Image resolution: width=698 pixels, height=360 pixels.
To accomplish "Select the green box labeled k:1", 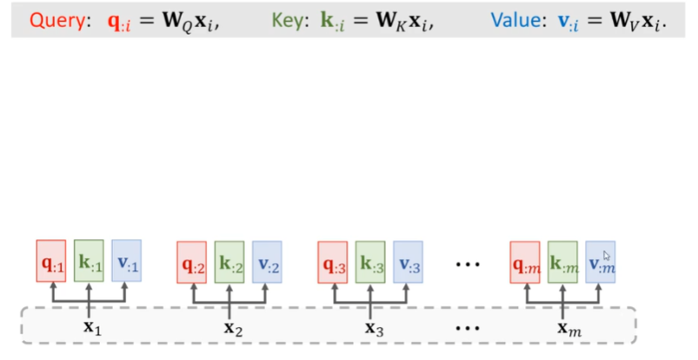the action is [x=89, y=262].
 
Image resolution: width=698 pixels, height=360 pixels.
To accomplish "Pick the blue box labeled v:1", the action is [x=127, y=262].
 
